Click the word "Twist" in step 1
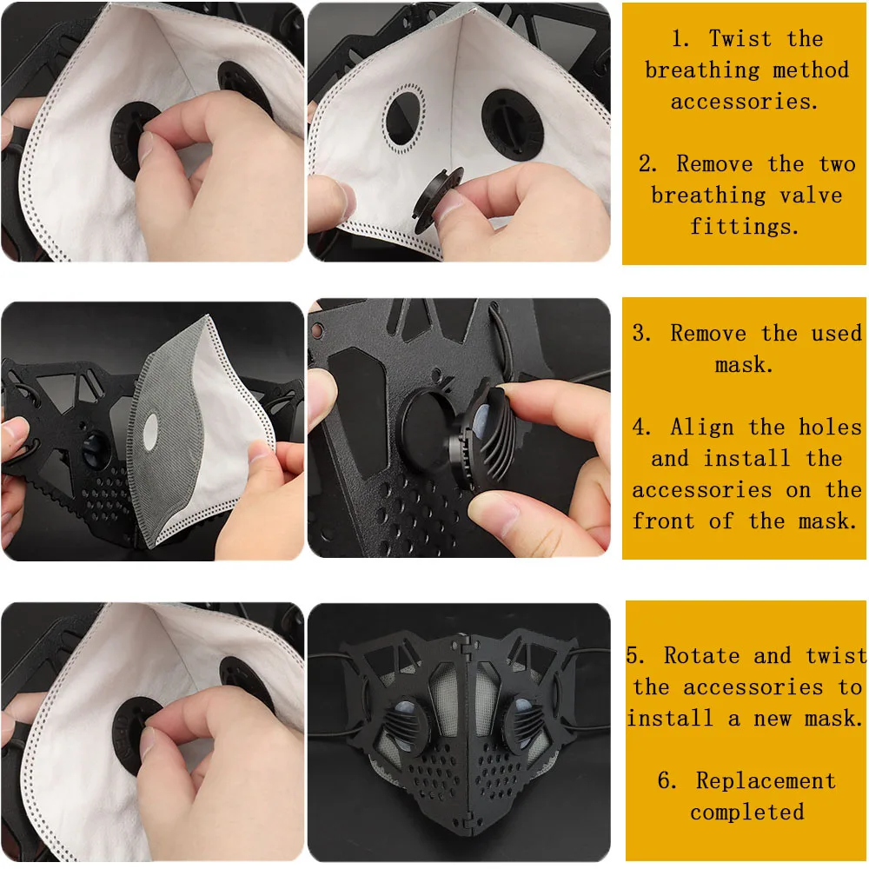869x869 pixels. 740,39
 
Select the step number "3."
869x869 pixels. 642,333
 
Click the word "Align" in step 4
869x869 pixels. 701,428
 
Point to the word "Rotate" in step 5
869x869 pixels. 701,655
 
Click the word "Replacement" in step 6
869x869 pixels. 766,781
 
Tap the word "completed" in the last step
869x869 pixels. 747,813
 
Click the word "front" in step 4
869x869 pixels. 663,521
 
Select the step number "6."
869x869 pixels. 667,781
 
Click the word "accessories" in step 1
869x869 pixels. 744,102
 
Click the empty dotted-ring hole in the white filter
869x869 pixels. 403,118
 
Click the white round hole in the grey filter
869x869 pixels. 150,431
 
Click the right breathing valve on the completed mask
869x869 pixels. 524,725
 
